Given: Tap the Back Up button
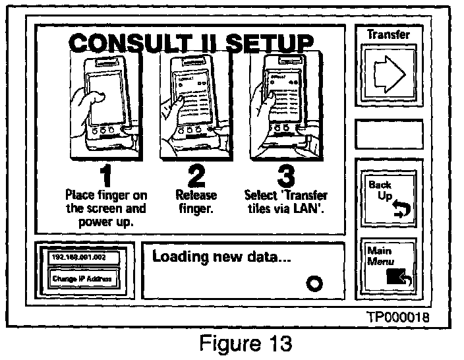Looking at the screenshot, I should point(388,196).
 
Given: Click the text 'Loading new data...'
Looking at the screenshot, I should point(221,256).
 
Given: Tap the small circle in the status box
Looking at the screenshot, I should point(314,284).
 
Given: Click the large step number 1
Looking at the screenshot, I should point(106,176).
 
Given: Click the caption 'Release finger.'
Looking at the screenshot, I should point(192,202).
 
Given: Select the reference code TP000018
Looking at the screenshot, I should point(397,317).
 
